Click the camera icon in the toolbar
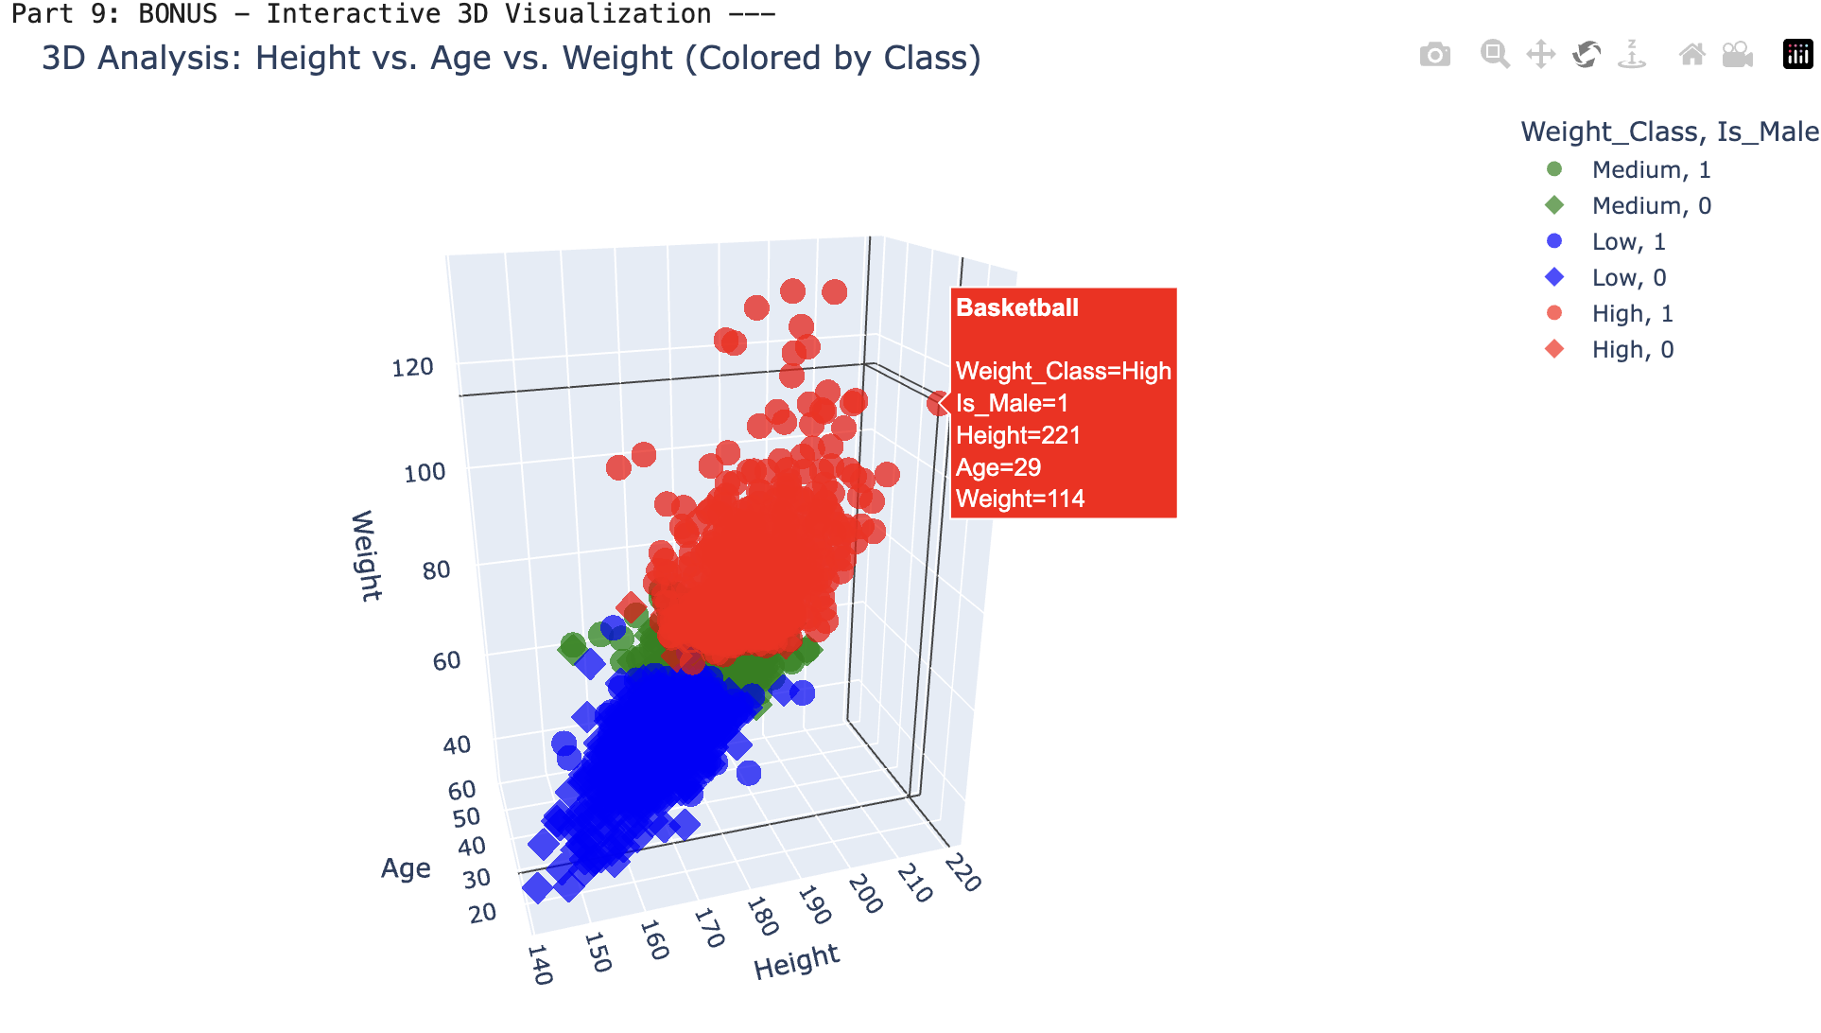click(1434, 55)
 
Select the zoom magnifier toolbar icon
click(1494, 54)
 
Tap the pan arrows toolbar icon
click(1540, 54)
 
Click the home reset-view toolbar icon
click(1691, 54)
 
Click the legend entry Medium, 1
click(1651, 169)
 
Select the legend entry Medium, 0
click(1651, 205)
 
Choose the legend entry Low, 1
click(1628, 241)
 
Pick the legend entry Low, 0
click(1628, 277)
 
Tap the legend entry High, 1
click(1632, 313)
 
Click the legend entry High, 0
click(1632, 349)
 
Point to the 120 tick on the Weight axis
click(412, 367)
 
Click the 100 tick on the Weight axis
click(425, 472)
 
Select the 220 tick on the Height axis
click(963, 871)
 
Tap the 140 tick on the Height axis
click(539, 964)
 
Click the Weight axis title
click(366, 555)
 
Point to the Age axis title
click(406, 868)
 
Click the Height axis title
click(796, 961)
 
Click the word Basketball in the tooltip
click(1016, 307)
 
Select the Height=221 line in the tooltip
click(1017, 435)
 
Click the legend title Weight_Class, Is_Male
click(1669, 131)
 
